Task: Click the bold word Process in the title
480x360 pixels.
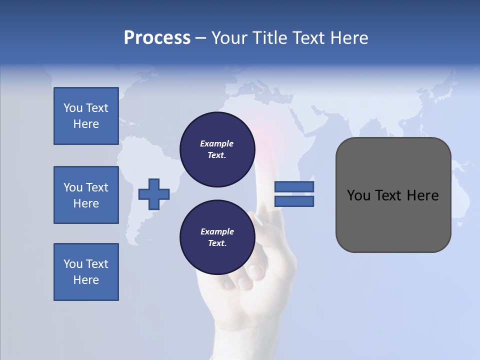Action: coord(157,38)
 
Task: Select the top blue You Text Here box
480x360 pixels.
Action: coord(86,116)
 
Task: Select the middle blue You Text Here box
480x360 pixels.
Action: coord(86,195)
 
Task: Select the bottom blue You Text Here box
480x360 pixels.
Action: coord(86,272)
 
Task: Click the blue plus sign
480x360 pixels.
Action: coord(154,194)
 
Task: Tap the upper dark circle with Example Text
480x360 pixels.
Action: coord(217,149)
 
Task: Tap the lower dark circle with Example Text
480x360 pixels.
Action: coord(217,237)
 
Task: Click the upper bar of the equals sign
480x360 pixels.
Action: coord(294,187)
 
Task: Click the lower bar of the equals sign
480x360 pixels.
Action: coord(294,201)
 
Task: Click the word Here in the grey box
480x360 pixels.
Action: coord(423,195)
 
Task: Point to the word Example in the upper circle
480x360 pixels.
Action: coord(217,143)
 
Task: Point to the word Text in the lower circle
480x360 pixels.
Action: coord(216,243)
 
